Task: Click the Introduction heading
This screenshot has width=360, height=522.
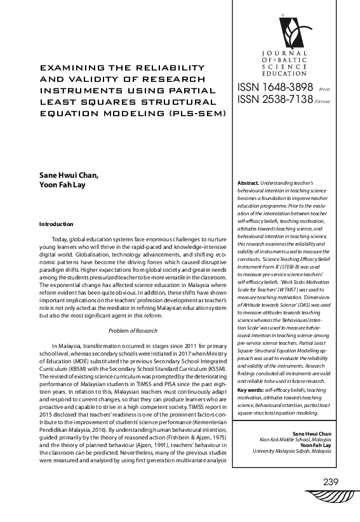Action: point(57,224)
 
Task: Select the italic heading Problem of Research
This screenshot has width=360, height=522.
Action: point(132,331)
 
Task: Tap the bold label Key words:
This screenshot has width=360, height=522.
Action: point(253,389)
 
